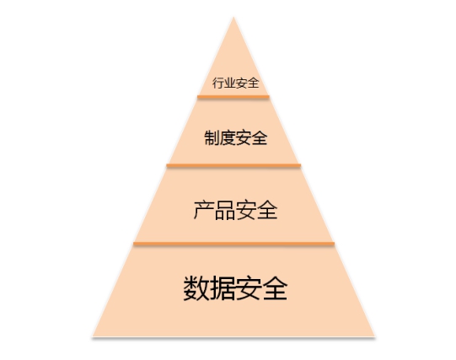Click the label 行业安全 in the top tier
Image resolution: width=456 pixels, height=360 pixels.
click(x=235, y=83)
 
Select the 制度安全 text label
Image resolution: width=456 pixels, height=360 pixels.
click(x=236, y=137)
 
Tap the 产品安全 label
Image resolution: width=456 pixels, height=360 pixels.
click(x=235, y=210)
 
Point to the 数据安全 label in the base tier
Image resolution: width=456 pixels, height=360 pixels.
click(x=235, y=287)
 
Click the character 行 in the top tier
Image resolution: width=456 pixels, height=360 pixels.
click(x=218, y=83)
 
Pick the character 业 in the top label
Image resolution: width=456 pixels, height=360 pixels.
click(x=230, y=83)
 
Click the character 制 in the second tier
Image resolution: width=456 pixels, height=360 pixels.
click(x=212, y=137)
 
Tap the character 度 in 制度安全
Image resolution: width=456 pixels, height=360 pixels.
click(x=228, y=137)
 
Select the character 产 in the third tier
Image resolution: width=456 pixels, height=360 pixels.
click(x=204, y=210)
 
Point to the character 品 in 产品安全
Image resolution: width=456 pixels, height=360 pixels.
click(x=225, y=210)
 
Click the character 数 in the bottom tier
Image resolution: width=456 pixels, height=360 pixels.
click(x=196, y=287)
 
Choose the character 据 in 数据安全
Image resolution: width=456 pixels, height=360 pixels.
click(x=223, y=287)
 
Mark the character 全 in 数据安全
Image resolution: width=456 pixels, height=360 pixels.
click(x=275, y=287)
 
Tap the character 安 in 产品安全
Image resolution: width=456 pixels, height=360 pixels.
click(x=246, y=210)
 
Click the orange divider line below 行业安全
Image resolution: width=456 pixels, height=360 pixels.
click(x=233, y=97)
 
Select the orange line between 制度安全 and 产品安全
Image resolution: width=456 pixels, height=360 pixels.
click(x=233, y=165)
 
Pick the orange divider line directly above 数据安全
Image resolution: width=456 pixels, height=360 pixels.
click(x=233, y=244)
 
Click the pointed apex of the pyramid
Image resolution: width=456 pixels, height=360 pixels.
click(x=233, y=18)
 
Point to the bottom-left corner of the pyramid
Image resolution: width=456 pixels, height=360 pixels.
click(x=93, y=336)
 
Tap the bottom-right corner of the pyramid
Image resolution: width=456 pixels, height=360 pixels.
click(x=374, y=336)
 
